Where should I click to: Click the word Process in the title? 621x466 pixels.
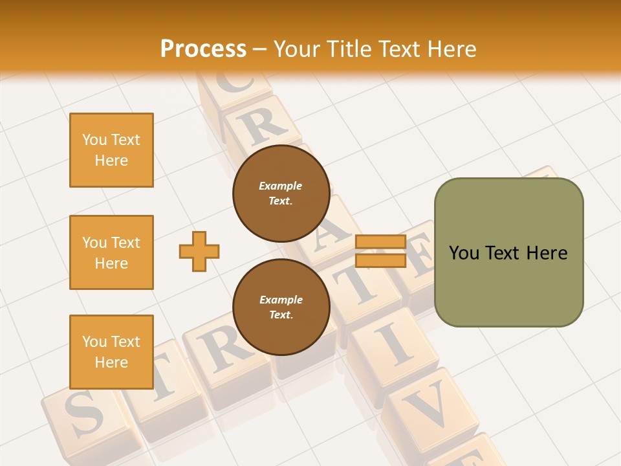(203, 49)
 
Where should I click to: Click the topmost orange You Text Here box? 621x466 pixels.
(111, 150)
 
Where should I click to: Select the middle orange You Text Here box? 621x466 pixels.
(111, 252)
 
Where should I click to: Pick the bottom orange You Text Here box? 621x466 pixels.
(111, 351)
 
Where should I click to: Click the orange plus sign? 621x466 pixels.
(199, 251)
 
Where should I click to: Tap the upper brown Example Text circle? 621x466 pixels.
(281, 193)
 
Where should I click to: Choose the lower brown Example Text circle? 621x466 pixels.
(281, 307)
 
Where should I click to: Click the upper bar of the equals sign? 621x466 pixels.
(380, 242)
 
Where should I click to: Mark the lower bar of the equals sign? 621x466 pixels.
(380, 260)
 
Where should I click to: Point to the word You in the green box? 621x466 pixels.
(463, 253)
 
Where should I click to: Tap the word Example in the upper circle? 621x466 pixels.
(281, 186)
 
